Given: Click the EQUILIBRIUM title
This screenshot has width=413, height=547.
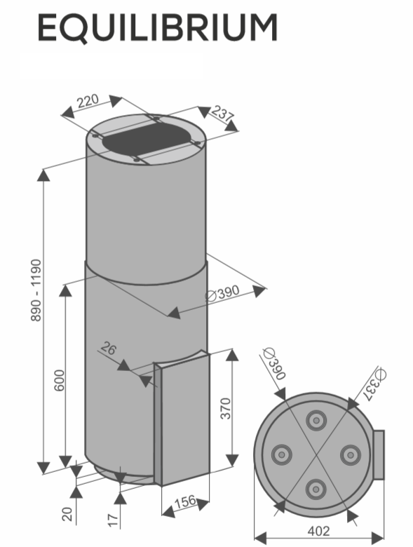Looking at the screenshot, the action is click(x=157, y=28).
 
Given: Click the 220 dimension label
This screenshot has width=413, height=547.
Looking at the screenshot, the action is click(x=88, y=101).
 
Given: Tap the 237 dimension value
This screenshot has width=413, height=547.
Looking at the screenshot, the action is click(x=222, y=114).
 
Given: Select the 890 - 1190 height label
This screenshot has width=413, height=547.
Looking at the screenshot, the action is click(x=36, y=290).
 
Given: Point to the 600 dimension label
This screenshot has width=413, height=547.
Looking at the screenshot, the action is click(x=60, y=380).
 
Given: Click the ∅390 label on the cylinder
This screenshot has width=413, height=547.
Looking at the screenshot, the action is click(x=222, y=293).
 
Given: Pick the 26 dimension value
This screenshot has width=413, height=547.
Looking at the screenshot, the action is click(x=109, y=349).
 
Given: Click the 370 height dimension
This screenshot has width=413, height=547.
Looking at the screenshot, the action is click(x=226, y=408).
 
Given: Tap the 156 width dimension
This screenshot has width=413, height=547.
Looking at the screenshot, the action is click(x=185, y=501).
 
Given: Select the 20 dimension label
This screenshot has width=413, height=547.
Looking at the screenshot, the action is click(x=67, y=514).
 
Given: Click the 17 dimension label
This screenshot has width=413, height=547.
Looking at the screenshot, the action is click(x=114, y=520).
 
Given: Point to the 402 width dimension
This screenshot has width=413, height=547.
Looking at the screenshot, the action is click(x=318, y=531).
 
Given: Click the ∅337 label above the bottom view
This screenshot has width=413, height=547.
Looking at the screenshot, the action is click(x=375, y=384).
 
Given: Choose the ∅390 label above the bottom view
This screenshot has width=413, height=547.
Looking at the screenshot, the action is click(x=275, y=363).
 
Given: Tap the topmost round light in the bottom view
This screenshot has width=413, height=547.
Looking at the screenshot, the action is click(x=316, y=421).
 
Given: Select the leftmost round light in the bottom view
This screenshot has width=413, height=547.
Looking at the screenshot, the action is click(x=281, y=454).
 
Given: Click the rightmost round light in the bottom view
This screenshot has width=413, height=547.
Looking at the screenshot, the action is click(x=351, y=455).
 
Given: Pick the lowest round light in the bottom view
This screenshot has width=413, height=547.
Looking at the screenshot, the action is click(x=316, y=489).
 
